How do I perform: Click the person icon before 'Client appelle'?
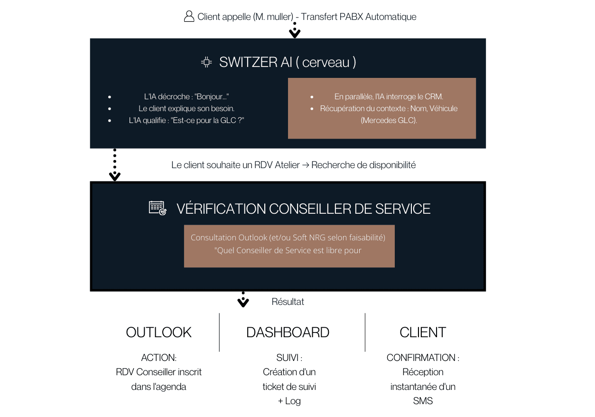coord(189,17)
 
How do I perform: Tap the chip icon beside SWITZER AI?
coord(206,62)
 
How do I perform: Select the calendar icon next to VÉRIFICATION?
coord(158,208)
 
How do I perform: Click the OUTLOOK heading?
coord(158,332)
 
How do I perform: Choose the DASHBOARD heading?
coord(288,332)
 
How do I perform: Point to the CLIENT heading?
coord(423,332)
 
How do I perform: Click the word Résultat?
coord(288,302)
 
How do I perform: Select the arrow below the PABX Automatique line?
coord(295,31)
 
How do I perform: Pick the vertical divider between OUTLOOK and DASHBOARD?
coord(219,332)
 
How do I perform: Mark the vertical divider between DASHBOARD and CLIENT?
coord(365,332)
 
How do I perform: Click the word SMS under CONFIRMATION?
coord(423,401)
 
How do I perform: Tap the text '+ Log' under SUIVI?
coord(289,401)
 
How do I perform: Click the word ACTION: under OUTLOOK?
coord(158,358)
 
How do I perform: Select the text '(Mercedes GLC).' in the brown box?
coord(389,120)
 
